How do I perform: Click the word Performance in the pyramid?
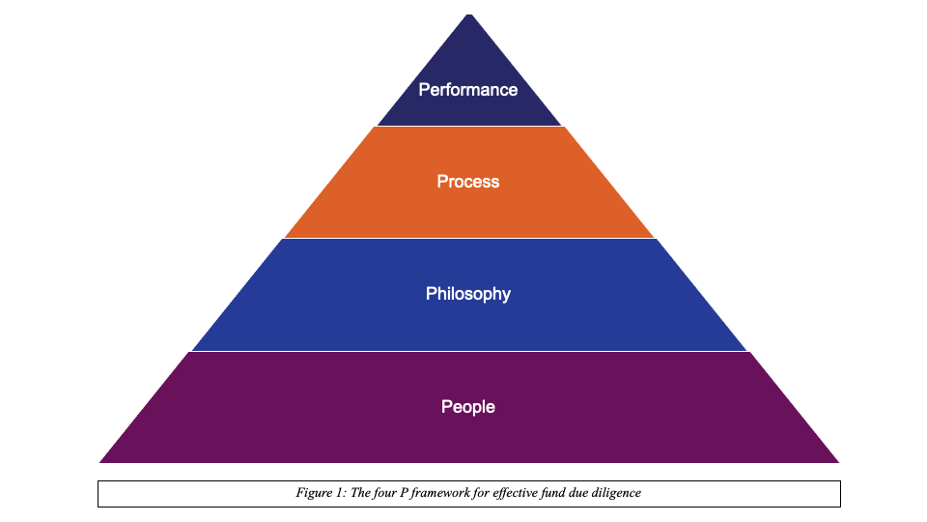[x=468, y=90]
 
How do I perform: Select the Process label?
[x=468, y=182]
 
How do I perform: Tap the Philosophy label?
[x=468, y=294]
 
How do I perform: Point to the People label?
[x=468, y=407]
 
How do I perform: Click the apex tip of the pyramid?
[x=468, y=15]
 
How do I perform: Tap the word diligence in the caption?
[x=617, y=493]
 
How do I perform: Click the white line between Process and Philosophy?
[x=468, y=238]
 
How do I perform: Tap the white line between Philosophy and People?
[x=468, y=351]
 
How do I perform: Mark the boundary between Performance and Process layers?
[x=468, y=126]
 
